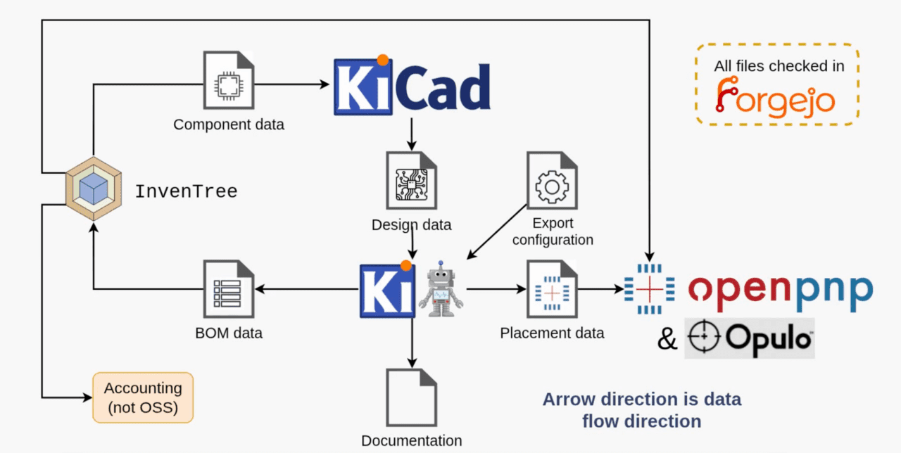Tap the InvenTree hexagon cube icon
[93, 188]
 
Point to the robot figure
[441, 290]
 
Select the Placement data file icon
[552, 291]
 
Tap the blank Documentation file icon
[411, 397]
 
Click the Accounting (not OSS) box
[143, 397]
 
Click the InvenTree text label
[186, 191]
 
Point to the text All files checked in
[779, 66]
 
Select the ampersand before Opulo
[667, 339]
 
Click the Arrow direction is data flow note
[641, 410]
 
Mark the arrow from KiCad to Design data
[412, 134]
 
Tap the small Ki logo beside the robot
[386, 291]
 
